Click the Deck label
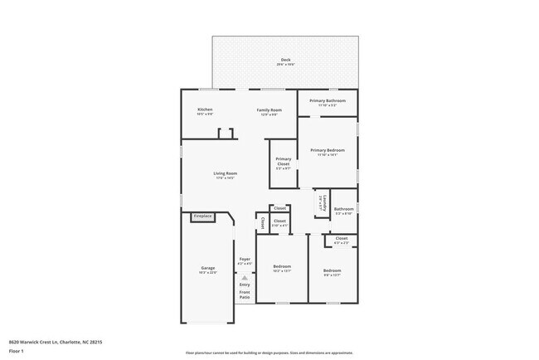pyautogui.click(x=285, y=60)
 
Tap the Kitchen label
pyautogui.click(x=205, y=109)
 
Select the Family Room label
pyautogui.click(x=269, y=109)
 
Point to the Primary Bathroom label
pyautogui.click(x=328, y=100)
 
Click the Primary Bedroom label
pyautogui.click(x=328, y=150)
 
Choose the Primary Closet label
pyautogui.click(x=284, y=161)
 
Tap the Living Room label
pyautogui.click(x=226, y=173)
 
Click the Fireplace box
pyautogui.click(x=203, y=216)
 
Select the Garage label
pyautogui.click(x=207, y=268)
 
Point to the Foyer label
pyautogui.click(x=245, y=260)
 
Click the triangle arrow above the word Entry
pyautogui.click(x=245, y=277)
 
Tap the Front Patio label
pyautogui.click(x=245, y=295)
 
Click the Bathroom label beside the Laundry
pyautogui.click(x=344, y=209)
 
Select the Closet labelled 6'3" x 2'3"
pyautogui.click(x=342, y=239)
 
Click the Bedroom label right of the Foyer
pyautogui.click(x=282, y=266)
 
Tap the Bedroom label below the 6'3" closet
pyautogui.click(x=332, y=271)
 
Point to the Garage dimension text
pyautogui.click(x=207, y=273)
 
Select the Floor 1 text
pyautogui.click(x=17, y=350)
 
